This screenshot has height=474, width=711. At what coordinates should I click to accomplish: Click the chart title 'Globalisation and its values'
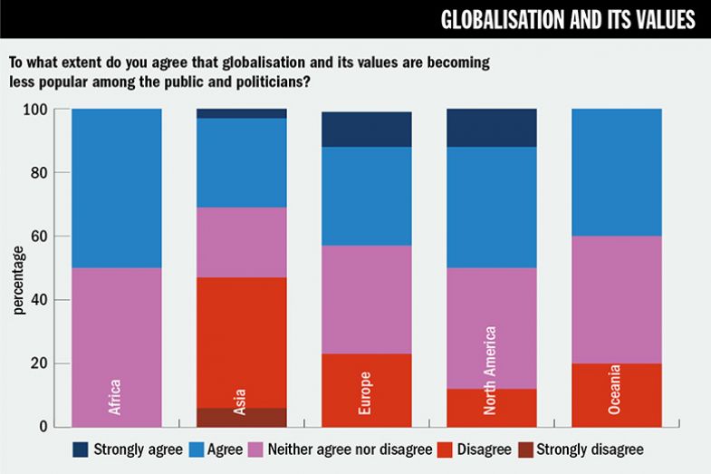pyautogui.click(x=567, y=21)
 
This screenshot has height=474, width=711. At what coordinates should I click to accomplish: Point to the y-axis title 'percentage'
pyautogui.click(x=19, y=279)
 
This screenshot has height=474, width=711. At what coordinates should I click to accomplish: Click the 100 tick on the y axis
pyautogui.click(x=37, y=110)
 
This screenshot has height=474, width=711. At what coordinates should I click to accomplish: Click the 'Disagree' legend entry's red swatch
pyautogui.click(x=442, y=449)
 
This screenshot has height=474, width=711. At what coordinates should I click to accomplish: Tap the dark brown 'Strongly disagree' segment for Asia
pyautogui.click(x=242, y=418)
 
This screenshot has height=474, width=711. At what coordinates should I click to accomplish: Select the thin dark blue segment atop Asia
pyautogui.click(x=242, y=113)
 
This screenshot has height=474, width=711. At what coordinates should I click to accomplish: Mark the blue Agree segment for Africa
pyautogui.click(x=117, y=189)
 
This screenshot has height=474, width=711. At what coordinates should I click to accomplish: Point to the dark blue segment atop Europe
pyautogui.click(x=367, y=130)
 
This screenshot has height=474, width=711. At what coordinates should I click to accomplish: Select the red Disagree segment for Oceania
pyautogui.click(x=616, y=394)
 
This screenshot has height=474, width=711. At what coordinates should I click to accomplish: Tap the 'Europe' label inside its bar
pyautogui.click(x=367, y=393)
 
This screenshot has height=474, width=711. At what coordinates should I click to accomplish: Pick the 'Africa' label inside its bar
pyautogui.click(x=116, y=396)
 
